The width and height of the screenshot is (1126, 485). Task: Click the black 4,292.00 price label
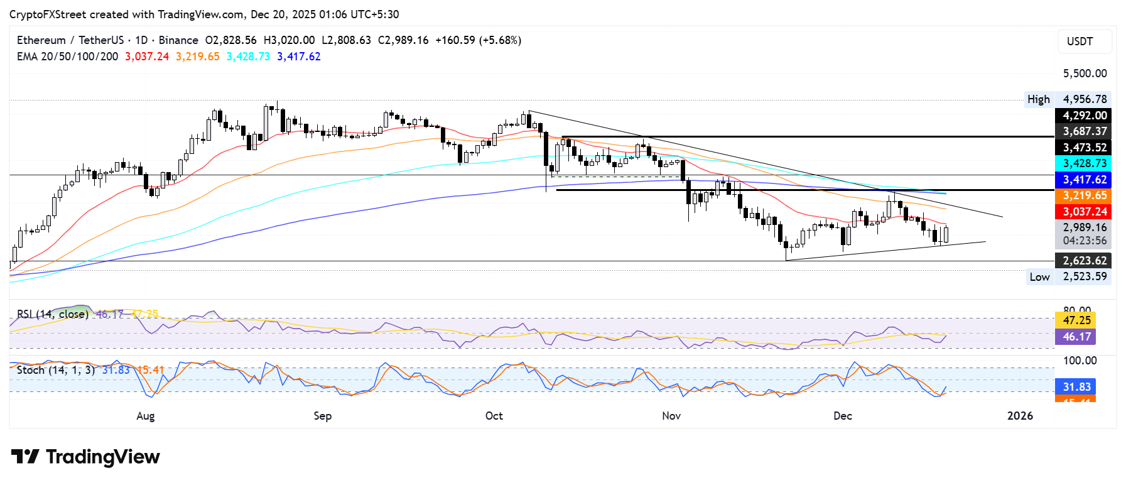coord(1084,116)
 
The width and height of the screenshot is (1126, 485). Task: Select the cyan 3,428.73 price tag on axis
coord(1084,163)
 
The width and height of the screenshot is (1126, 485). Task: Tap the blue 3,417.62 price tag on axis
coord(1084,180)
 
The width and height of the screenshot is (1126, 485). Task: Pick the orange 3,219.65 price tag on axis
coord(1084,196)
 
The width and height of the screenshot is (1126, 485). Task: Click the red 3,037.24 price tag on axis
coord(1084,212)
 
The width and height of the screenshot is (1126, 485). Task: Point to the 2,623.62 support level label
coord(1084,261)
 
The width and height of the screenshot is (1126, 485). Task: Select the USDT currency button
coord(1080,41)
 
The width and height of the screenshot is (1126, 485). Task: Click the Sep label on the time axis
coord(322,416)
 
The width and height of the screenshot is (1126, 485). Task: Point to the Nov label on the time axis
coord(671,416)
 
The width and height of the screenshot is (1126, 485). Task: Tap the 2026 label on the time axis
coord(1020,416)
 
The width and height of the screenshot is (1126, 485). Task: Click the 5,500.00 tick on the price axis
coord(1084,74)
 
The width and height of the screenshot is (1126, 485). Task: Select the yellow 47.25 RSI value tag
coord(1076,320)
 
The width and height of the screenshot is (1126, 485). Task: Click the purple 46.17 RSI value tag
coord(1076,337)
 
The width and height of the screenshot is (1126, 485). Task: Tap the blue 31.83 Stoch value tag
coord(1076,387)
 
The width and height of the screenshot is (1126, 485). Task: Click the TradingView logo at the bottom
coord(86,457)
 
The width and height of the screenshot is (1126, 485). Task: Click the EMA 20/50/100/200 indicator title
coord(67,57)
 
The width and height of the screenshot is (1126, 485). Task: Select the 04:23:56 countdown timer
coord(1084,241)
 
